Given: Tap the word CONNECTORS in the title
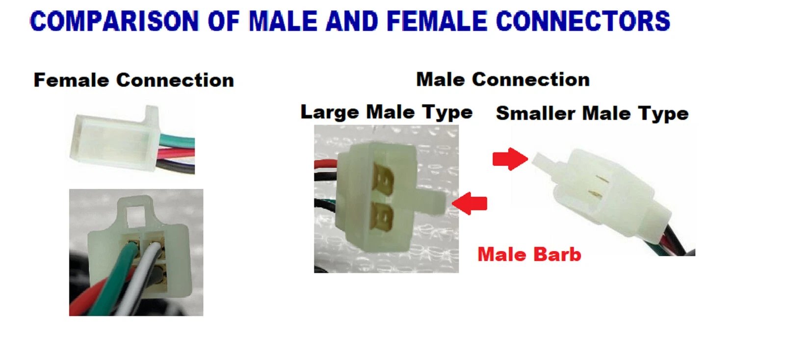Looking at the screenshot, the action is pyautogui.click(x=583, y=21).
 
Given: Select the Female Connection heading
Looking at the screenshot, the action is pyautogui.click(x=133, y=80).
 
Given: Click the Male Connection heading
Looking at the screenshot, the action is pyautogui.click(x=503, y=79).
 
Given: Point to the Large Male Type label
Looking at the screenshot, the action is pyautogui.click(x=387, y=112).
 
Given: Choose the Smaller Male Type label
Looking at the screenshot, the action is pyautogui.click(x=592, y=113).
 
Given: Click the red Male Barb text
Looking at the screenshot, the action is pyautogui.click(x=529, y=254).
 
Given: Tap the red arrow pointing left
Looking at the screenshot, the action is pyautogui.click(x=470, y=203).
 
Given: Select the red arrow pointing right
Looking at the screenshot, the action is pyautogui.click(x=510, y=159).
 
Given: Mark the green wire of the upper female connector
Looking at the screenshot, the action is pyautogui.click(x=177, y=142).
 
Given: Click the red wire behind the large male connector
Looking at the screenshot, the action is pyautogui.click(x=326, y=164).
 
